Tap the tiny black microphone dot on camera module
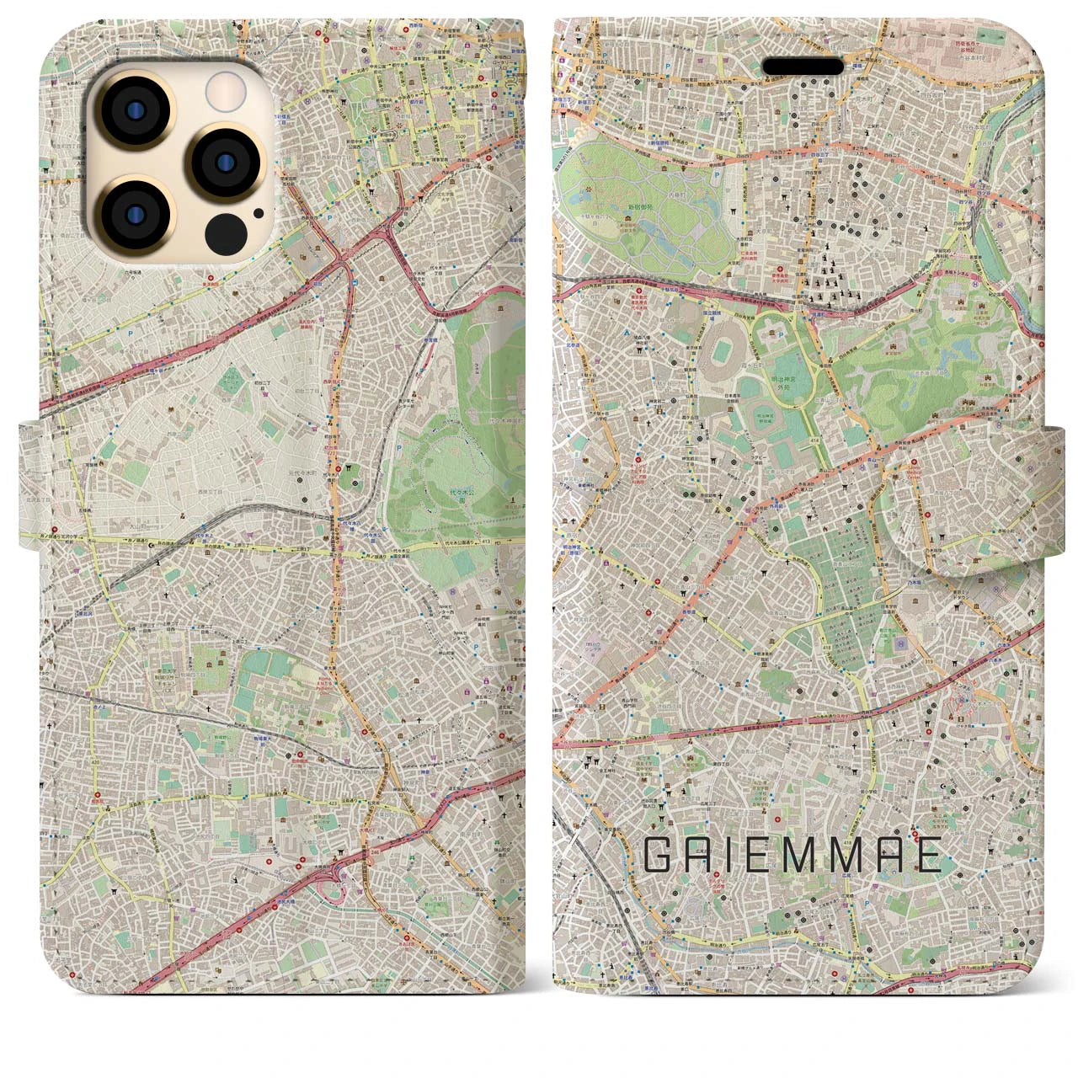pyautogui.click(x=257, y=212)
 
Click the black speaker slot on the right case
pyautogui.click(x=803, y=67)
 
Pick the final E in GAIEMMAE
pyautogui.click(x=927, y=857)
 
